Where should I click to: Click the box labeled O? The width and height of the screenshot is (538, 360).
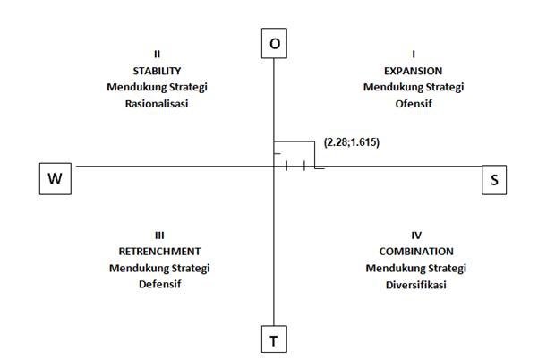click(x=274, y=44)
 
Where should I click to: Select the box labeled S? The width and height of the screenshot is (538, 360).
click(x=494, y=179)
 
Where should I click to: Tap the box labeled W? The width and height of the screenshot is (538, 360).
click(x=56, y=179)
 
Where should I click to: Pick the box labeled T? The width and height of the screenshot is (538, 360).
click(x=274, y=340)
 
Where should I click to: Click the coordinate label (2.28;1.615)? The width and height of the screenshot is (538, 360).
click(x=352, y=141)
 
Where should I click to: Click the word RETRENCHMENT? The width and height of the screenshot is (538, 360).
click(x=159, y=252)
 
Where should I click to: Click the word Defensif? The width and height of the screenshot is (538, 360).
click(x=159, y=285)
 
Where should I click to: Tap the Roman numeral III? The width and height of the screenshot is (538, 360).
click(x=159, y=235)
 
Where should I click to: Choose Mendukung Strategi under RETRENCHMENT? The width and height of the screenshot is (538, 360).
click(x=159, y=269)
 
